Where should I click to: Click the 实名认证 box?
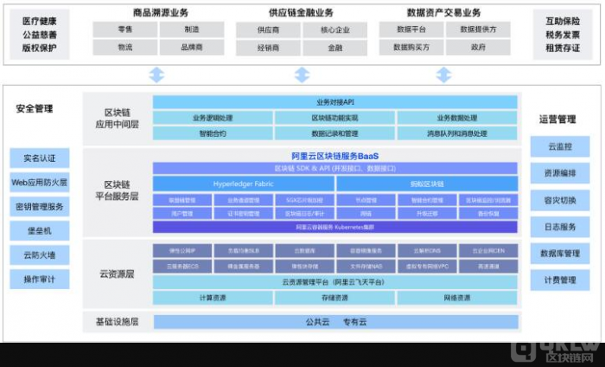coord(39,158)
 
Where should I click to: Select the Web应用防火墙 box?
coord(39,183)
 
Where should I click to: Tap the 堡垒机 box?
coord(39,231)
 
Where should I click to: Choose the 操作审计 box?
coord(39,280)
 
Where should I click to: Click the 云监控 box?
coord(559,146)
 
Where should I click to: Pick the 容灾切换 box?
coord(559,200)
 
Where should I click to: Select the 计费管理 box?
coord(559,280)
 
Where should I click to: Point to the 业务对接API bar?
coord(335,102)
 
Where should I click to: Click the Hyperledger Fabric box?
coord(243,184)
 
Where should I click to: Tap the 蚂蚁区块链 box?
coord(427,184)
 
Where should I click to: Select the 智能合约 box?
coord(213,134)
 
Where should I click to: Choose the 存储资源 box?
coord(335,298)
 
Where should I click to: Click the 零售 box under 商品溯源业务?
coord(124,29)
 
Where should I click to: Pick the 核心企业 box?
coord(334,29)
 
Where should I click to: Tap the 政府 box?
coord(478,48)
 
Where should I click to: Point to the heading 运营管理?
coord(557,119)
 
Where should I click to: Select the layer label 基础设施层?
coord(117,322)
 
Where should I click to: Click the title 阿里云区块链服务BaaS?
coord(335,156)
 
